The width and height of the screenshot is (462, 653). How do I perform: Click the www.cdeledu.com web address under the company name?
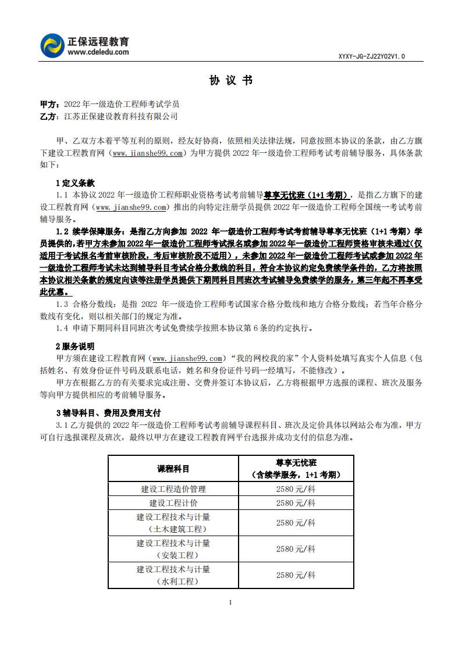click(x=98, y=52)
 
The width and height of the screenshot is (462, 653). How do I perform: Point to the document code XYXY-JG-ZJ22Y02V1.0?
click(x=371, y=56)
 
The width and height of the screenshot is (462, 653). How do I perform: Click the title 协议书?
click(x=231, y=81)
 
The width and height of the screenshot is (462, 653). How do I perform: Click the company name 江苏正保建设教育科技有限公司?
click(x=120, y=116)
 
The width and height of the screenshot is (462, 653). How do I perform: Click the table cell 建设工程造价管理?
click(x=173, y=489)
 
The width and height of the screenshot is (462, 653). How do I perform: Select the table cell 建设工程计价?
click(x=173, y=503)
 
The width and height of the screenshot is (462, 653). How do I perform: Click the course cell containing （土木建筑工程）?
click(x=173, y=523)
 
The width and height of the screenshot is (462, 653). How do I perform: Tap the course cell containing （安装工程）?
click(x=173, y=549)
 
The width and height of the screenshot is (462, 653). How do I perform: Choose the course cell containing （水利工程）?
click(x=173, y=575)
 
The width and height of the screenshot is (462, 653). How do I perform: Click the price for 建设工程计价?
click(x=296, y=503)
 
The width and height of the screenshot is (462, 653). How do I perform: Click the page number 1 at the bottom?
click(x=231, y=602)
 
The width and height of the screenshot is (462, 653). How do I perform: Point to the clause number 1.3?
click(x=62, y=304)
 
